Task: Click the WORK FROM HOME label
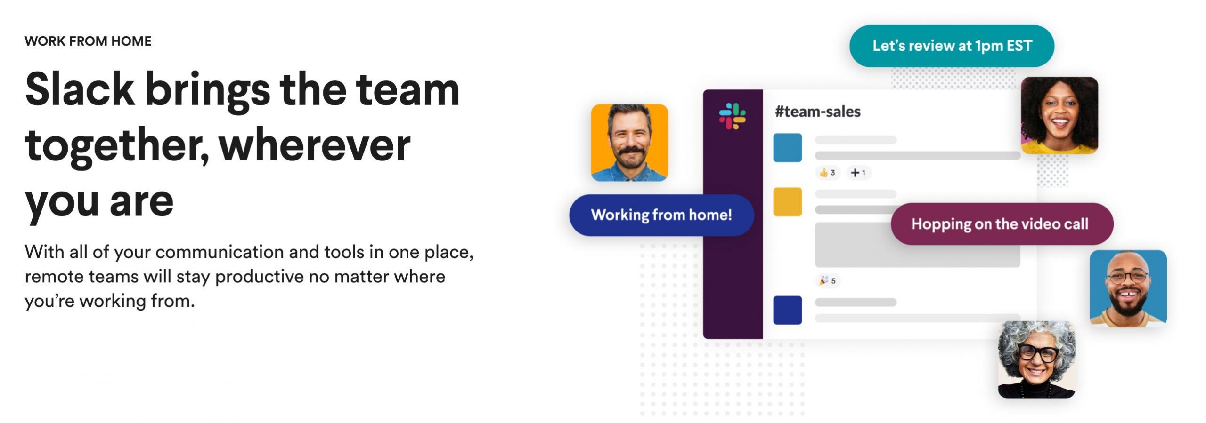pos(88,41)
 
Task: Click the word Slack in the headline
pos(80,89)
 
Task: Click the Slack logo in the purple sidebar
pos(732,116)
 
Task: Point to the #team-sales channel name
pos(818,112)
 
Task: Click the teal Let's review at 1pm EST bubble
pos(952,46)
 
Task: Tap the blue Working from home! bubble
pos(661,215)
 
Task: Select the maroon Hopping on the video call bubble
pos(1002,224)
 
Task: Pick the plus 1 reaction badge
pos(858,173)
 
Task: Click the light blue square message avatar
pos(788,148)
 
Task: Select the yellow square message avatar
pos(788,202)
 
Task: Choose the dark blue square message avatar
pos(788,310)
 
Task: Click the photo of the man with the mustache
pos(629,143)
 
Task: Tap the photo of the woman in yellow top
pos(1059,115)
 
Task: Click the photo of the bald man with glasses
pos(1128,288)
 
